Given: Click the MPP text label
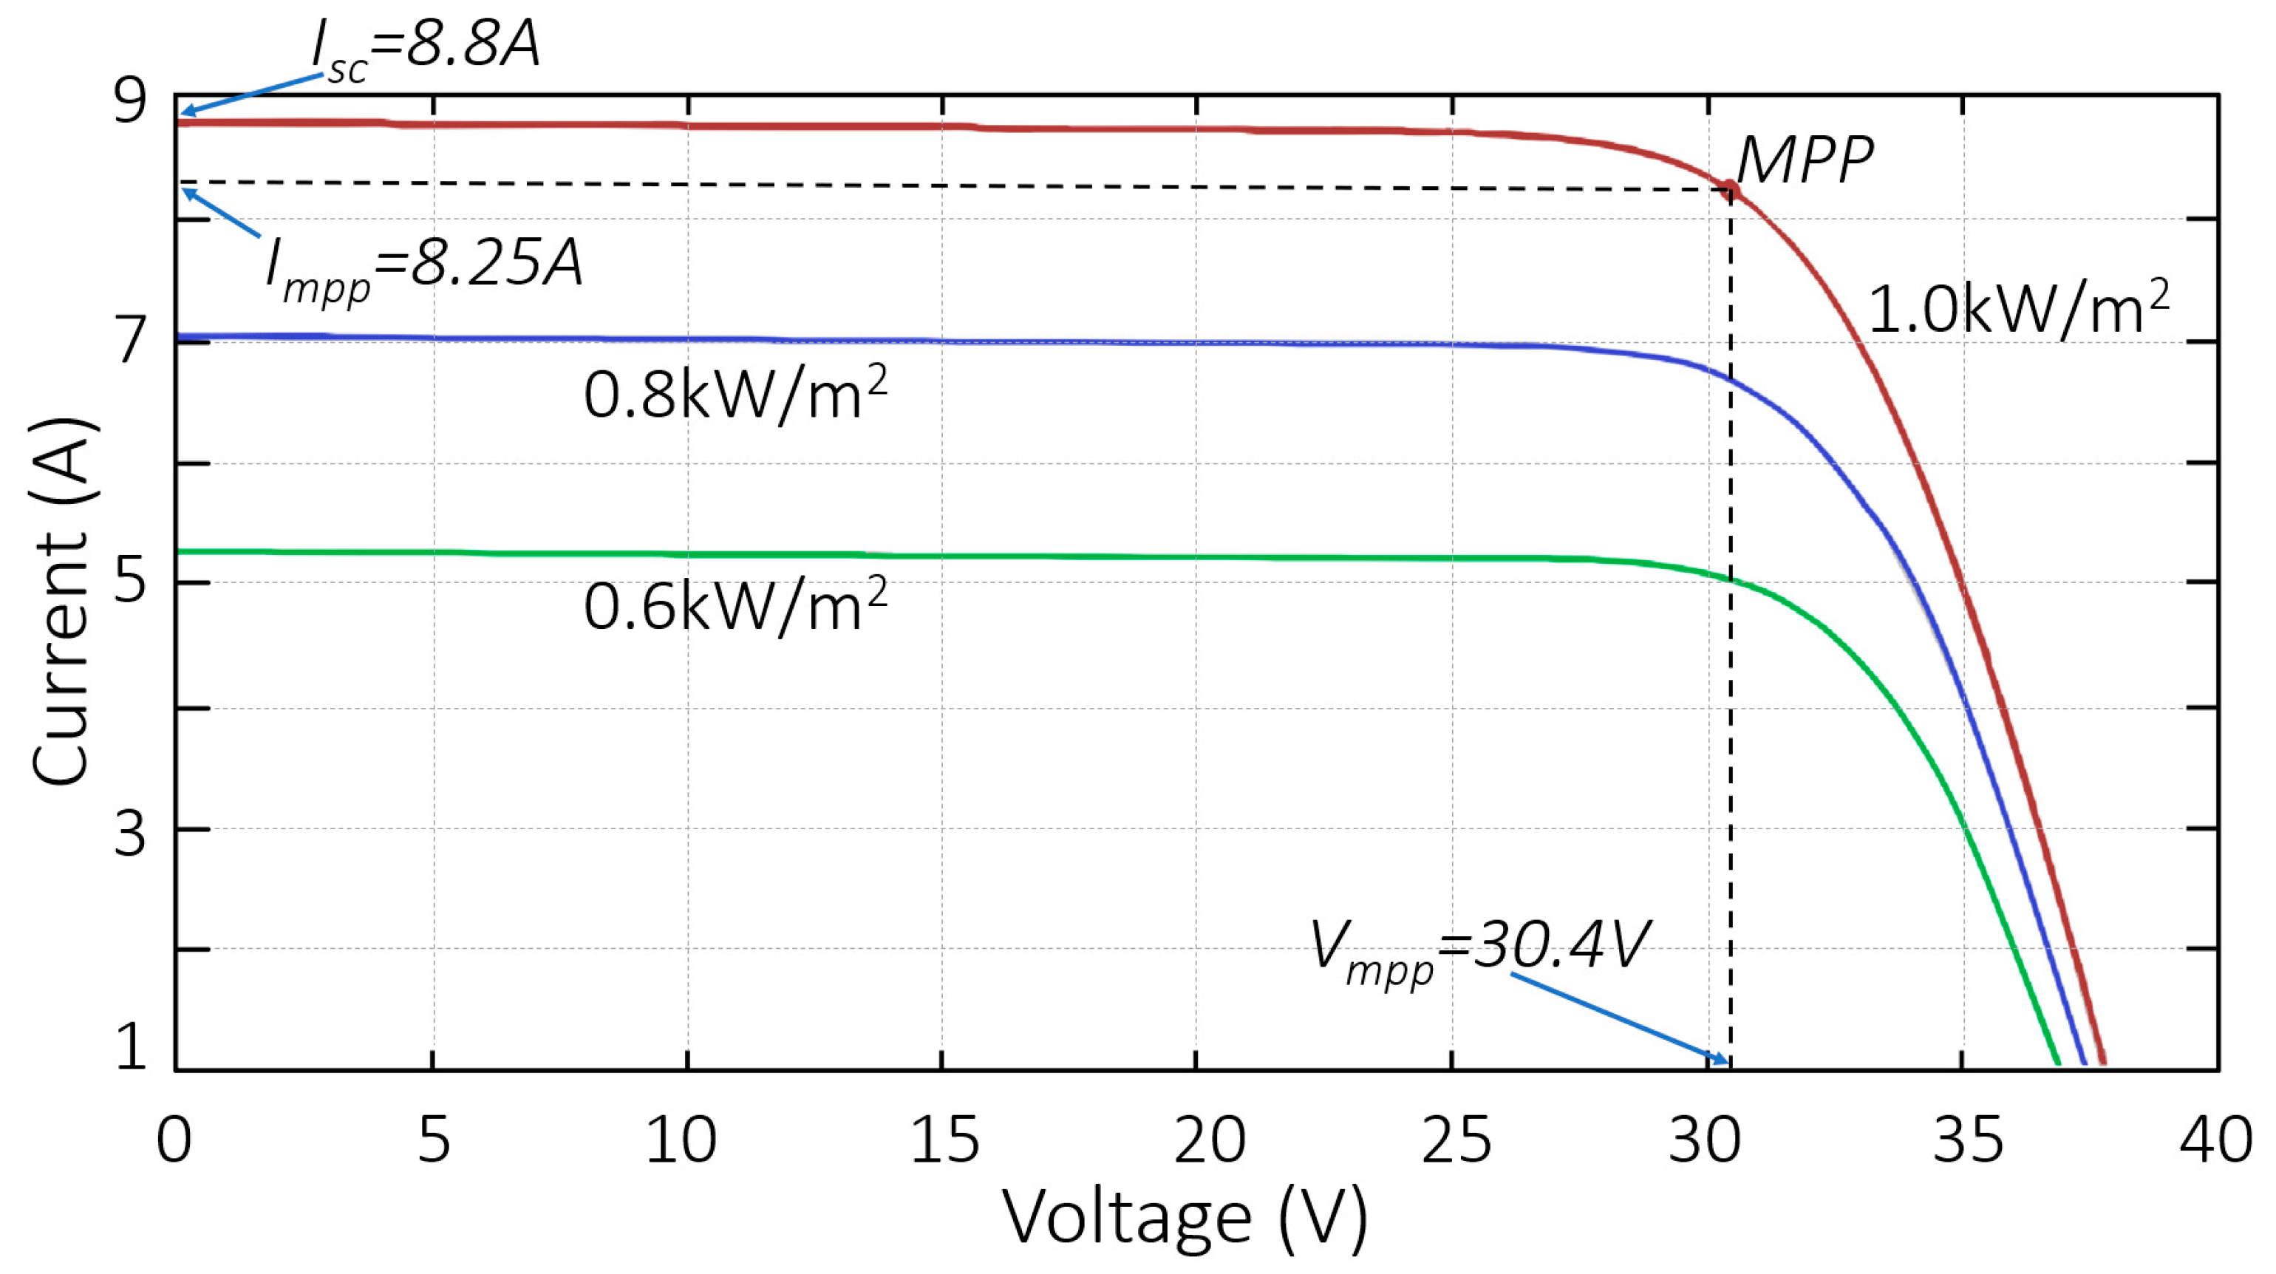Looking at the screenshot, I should [1803, 161].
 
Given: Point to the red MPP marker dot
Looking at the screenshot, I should [1730, 189].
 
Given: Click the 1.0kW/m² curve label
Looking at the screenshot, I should [2018, 309].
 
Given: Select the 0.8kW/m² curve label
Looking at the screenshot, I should [735, 394].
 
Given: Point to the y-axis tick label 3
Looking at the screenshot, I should [130, 833].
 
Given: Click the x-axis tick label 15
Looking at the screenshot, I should [944, 1140].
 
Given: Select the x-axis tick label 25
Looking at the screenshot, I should [1455, 1140].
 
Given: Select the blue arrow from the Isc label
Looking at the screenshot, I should [252, 95].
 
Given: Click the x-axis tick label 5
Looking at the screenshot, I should [434, 1140].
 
